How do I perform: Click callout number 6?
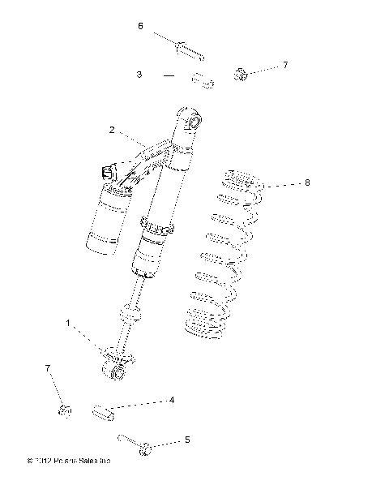pyautogui.click(x=140, y=26)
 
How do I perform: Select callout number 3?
pyautogui.click(x=140, y=74)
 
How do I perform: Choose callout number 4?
pyautogui.click(x=171, y=400)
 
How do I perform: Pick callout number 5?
pyautogui.click(x=187, y=440)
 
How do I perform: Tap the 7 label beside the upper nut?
pyautogui.click(x=285, y=63)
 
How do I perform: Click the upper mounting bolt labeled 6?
pyautogui.click(x=187, y=49)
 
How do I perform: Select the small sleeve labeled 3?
pyautogui.click(x=202, y=80)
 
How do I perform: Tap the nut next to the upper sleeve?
pyautogui.click(x=241, y=75)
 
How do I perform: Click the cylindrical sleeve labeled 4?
pyautogui.click(x=106, y=412)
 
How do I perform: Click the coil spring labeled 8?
pyautogui.click(x=223, y=260)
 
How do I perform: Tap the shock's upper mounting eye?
pyautogui.click(x=193, y=121)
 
